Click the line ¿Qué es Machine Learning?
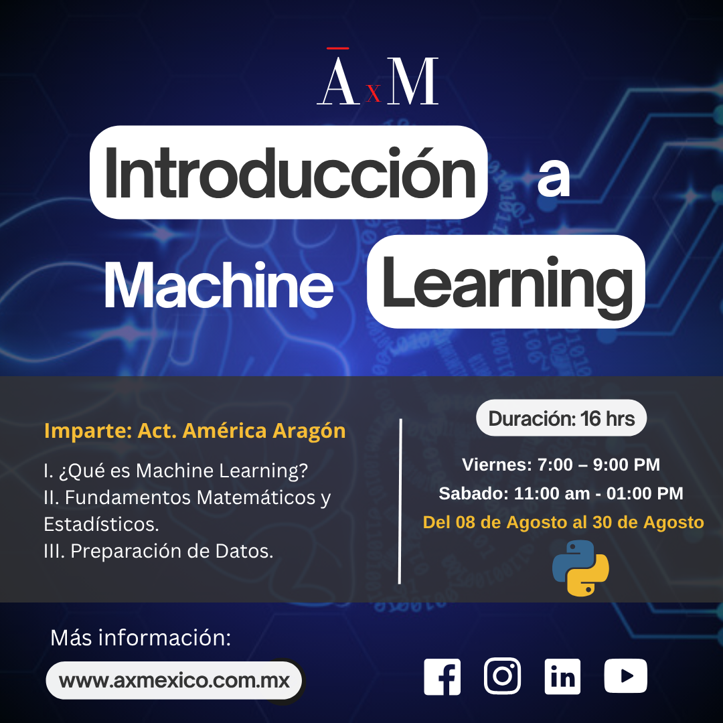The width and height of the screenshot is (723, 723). click(175, 471)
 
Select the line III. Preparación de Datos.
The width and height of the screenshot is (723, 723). click(158, 551)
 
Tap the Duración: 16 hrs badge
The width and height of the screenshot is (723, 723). click(561, 418)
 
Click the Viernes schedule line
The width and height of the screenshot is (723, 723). click(561, 465)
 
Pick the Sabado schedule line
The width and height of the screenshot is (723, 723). click(561, 493)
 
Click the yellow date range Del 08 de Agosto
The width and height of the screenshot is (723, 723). click(563, 522)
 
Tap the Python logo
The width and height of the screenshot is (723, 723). click(580, 568)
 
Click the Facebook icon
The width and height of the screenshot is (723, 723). click(443, 677)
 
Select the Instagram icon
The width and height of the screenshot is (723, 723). click(502, 676)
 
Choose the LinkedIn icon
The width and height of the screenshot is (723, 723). click(562, 677)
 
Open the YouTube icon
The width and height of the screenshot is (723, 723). click(625, 676)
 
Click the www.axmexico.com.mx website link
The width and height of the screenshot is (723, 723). click(174, 681)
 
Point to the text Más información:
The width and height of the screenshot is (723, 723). click(141, 638)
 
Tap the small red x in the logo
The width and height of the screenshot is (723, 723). click(374, 93)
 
